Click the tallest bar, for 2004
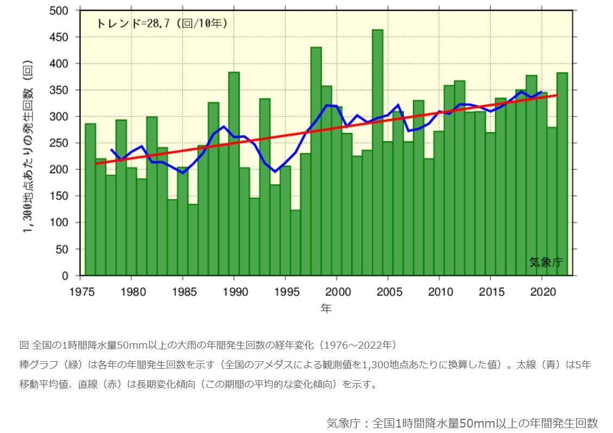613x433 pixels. (377, 152)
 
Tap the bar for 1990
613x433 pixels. (234, 174)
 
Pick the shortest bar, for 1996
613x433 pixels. (295, 243)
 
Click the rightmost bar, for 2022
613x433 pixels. (562, 174)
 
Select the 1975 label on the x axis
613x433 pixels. (80, 292)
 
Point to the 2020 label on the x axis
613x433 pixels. (541, 292)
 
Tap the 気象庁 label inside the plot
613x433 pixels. (546, 263)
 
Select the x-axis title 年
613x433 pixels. (326, 309)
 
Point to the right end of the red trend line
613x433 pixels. (556, 95)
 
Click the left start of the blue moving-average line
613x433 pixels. (111, 149)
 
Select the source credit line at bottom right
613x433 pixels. (462, 423)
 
